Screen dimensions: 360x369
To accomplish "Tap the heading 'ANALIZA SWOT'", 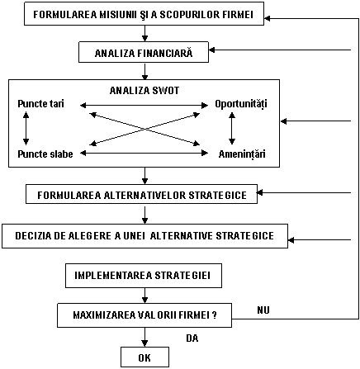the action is (x=144, y=91).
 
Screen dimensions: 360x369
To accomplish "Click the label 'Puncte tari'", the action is (x=40, y=104).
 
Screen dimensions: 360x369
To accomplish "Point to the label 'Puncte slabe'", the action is (x=45, y=154).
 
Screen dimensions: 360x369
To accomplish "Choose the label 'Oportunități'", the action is (x=241, y=104).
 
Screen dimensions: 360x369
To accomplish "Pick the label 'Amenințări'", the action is (x=242, y=154).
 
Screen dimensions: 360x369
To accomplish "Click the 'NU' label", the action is (x=263, y=310).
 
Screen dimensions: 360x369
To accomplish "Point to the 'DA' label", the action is (x=192, y=338).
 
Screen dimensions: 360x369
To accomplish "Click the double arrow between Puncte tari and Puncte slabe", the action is (x=26, y=128).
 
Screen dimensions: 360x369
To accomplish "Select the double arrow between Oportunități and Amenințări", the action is (x=232, y=128).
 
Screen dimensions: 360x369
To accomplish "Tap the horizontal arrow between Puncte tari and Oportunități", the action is (x=144, y=105).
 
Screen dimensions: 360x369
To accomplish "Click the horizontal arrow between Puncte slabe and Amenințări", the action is (x=144, y=153).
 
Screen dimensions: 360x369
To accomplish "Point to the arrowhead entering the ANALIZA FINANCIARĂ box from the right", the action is (x=212, y=50).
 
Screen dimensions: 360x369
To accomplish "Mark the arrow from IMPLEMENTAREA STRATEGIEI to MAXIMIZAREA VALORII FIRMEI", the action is (x=144, y=296).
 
